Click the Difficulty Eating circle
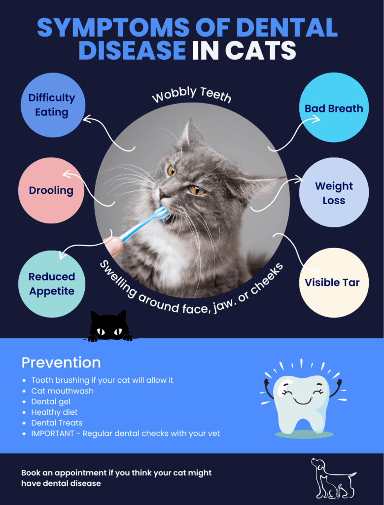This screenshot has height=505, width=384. coord(53,105)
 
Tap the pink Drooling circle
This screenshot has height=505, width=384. coord(51,190)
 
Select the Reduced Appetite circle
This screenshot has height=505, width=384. coord(52,284)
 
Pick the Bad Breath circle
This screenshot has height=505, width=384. coord(334,107)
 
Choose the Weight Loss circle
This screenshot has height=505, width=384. coord(334,192)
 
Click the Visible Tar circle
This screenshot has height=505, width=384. coord(334,283)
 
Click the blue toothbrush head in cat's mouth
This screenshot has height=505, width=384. coord(163,214)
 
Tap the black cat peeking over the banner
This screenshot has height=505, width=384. coord(108,326)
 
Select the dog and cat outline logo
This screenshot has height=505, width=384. coord(333,478)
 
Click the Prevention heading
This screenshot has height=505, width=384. coord(61,362)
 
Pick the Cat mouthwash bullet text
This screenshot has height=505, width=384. coord(63,391)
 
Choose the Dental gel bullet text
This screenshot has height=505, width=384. coord(51,401)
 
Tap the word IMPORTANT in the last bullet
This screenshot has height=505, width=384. coord(53,433)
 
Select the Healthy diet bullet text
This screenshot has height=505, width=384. coord(54,412)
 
